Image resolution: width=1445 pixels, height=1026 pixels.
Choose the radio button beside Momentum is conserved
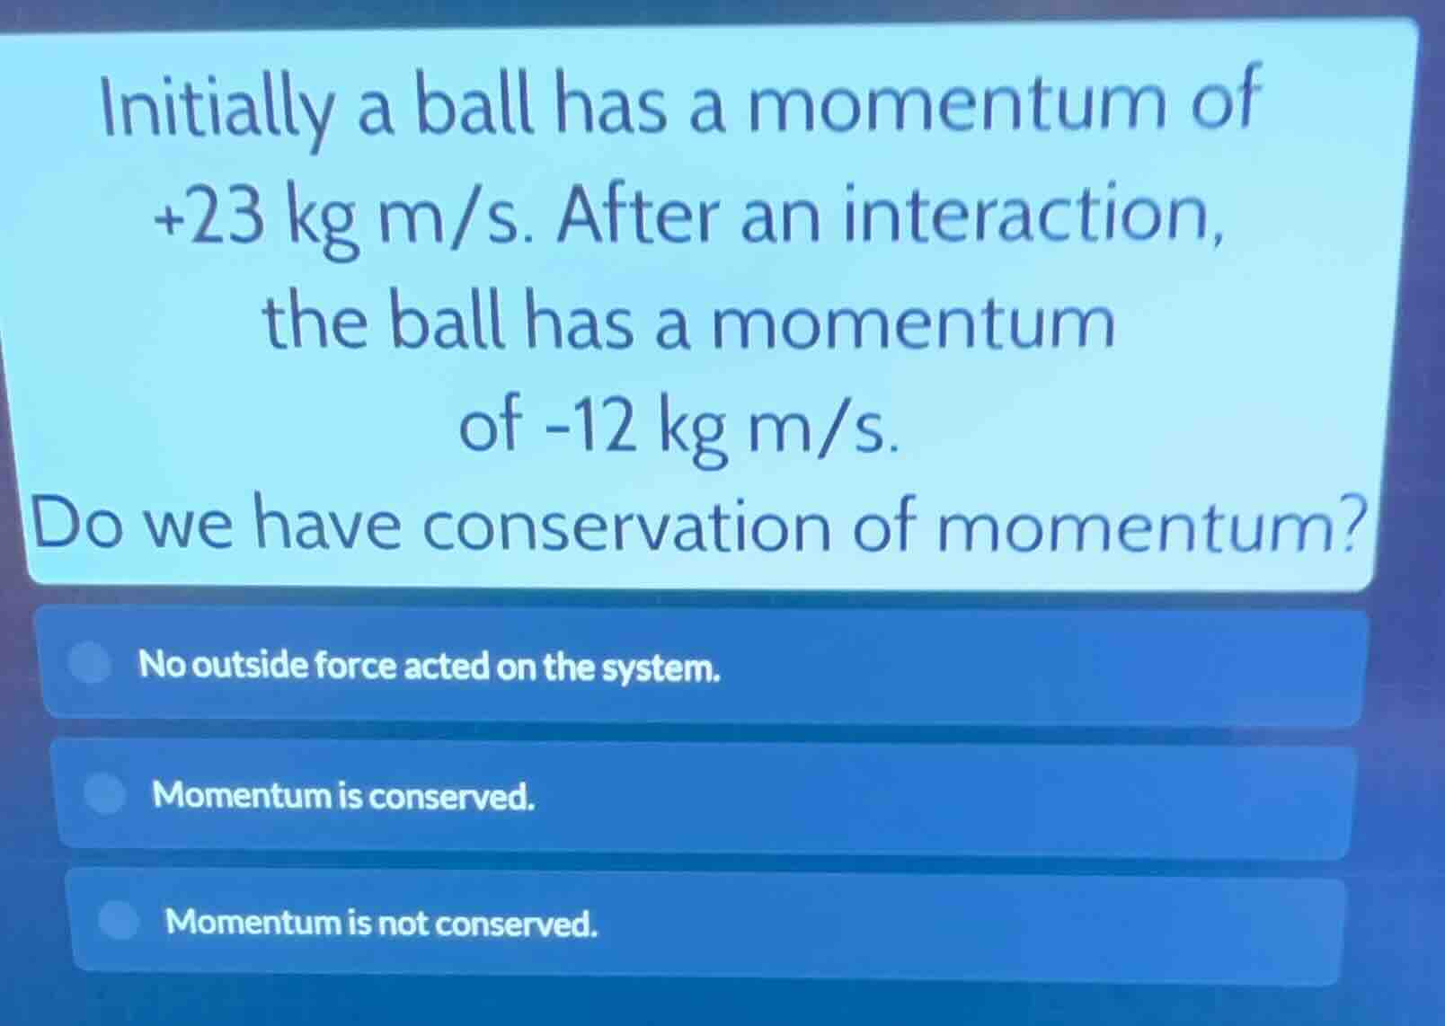[x=105, y=793]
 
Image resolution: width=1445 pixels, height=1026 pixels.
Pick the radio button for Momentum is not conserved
[x=118, y=919]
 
